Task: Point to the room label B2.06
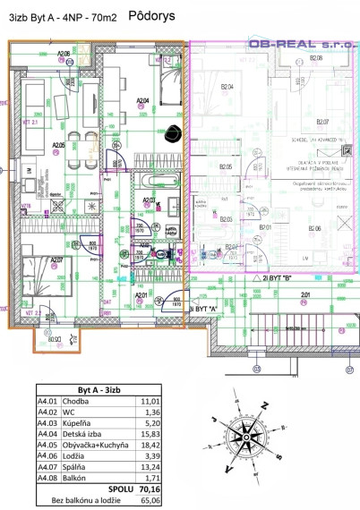[x=315, y=230]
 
